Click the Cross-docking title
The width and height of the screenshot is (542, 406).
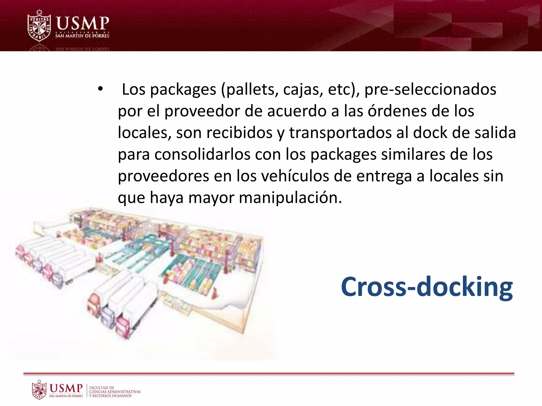[x=427, y=287]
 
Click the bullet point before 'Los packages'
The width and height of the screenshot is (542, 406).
[x=100, y=89]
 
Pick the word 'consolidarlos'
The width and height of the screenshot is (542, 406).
[x=202, y=154]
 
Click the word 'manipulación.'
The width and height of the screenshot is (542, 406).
[x=290, y=198]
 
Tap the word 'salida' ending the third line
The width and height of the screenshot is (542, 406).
[x=495, y=133]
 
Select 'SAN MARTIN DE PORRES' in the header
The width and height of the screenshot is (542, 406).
[x=82, y=36]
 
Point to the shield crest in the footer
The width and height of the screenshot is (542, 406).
[x=39, y=390]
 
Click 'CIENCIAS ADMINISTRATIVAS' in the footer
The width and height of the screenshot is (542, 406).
[x=115, y=392]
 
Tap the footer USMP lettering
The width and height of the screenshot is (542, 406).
[x=66, y=388]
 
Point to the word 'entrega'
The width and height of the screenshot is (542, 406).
[x=384, y=176]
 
